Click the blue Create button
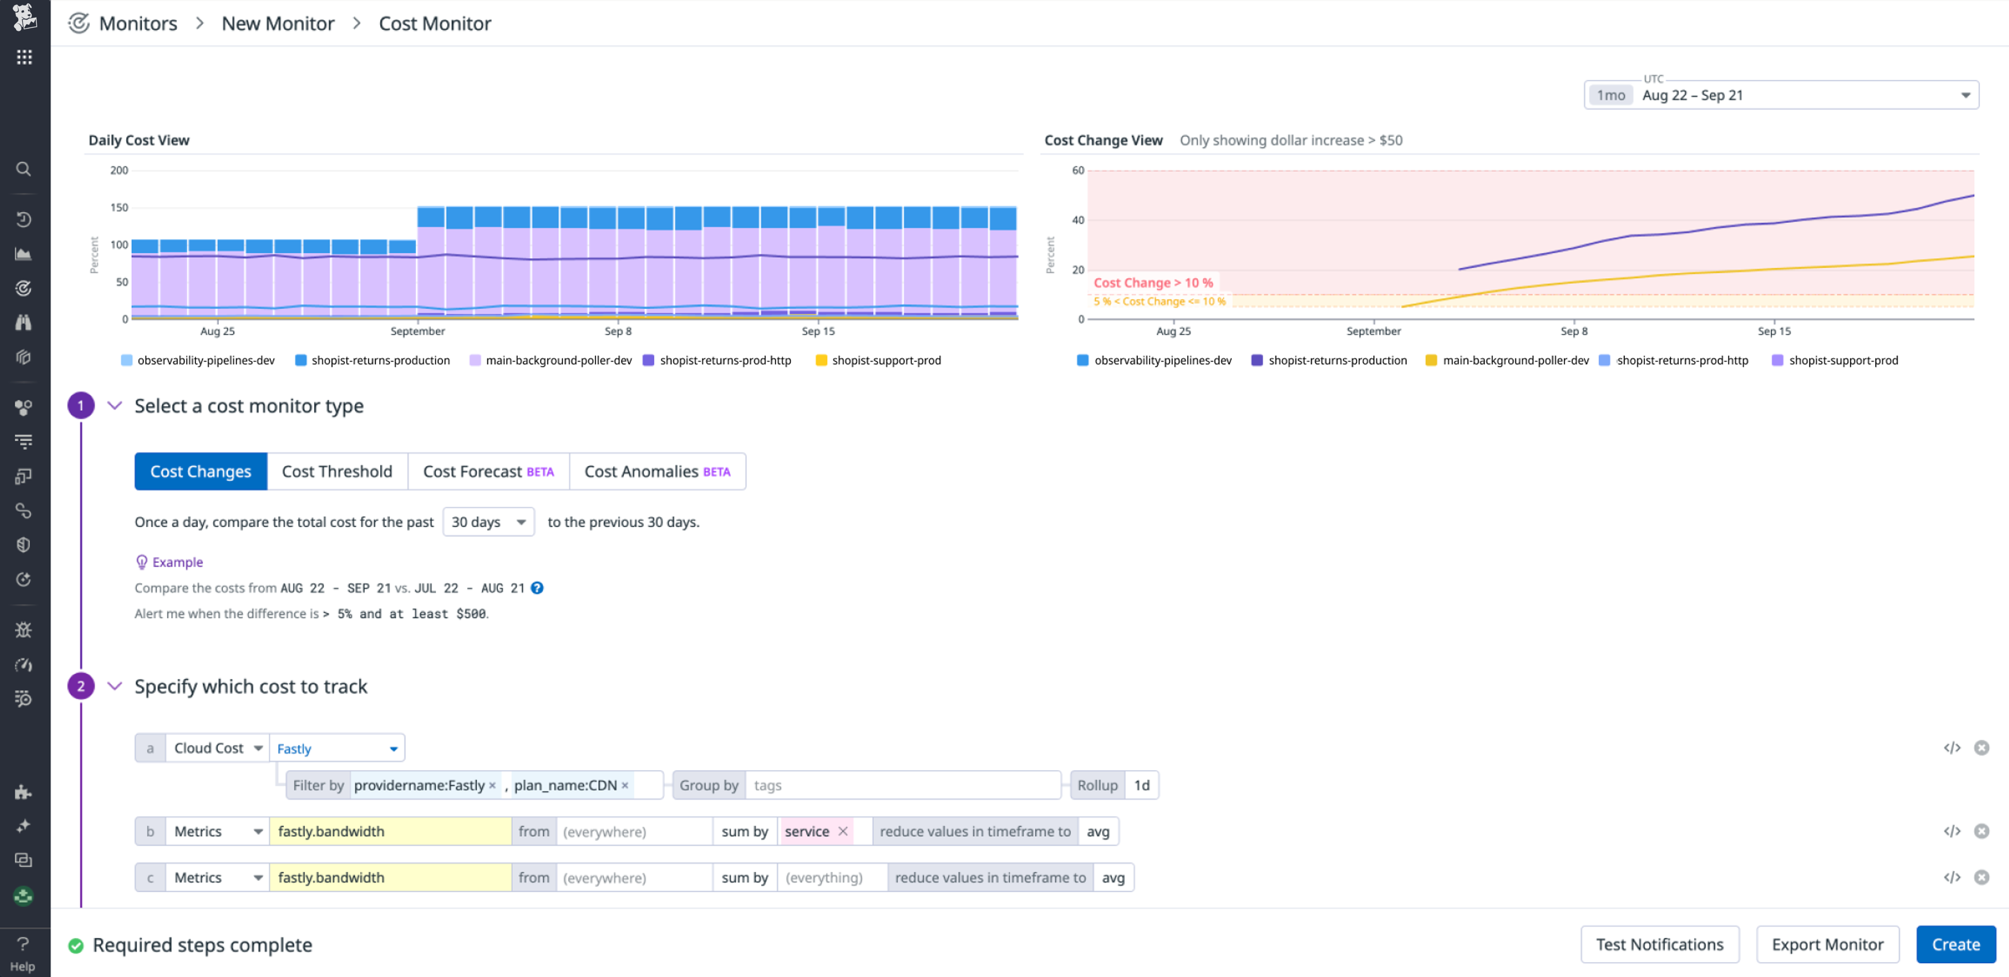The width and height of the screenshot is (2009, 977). (x=1955, y=944)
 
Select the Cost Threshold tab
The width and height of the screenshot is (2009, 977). (x=337, y=471)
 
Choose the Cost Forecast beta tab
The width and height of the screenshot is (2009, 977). (x=488, y=471)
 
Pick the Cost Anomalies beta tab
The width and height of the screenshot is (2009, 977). (x=657, y=471)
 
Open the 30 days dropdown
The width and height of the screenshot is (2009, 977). (x=488, y=522)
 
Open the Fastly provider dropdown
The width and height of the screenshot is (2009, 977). (x=337, y=748)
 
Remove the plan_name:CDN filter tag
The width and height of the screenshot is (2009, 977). (x=625, y=785)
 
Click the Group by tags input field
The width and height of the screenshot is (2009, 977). (x=902, y=785)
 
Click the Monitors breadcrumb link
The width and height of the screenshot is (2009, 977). (x=138, y=23)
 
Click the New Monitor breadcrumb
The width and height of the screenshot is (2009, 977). (x=277, y=23)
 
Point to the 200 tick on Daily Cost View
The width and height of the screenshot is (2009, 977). (x=119, y=170)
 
